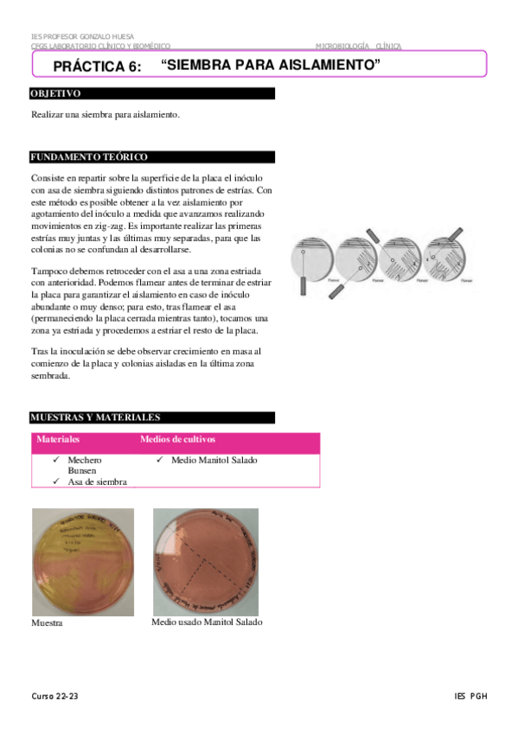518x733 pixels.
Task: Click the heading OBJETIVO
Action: [x=56, y=92]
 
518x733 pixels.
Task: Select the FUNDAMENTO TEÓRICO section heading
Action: [x=89, y=156]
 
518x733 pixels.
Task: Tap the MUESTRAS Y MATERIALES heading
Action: [x=95, y=417]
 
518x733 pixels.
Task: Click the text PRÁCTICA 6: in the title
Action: [x=97, y=67]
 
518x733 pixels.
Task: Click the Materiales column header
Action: [x=58, y=439]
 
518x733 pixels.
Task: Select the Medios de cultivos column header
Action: [x=177, y=439]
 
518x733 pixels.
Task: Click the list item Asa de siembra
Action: [x=97, y=481]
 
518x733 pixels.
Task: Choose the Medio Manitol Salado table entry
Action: [x=214, y=460]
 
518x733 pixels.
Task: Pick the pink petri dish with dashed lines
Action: [x=206, y=561]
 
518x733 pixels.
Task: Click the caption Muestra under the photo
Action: [x=47, y=622]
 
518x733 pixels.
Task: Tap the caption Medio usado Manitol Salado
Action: [x=207, y=621]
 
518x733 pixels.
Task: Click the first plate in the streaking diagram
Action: [x=312, y=259]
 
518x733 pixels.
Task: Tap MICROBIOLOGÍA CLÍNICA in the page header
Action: [x=358, y=46]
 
